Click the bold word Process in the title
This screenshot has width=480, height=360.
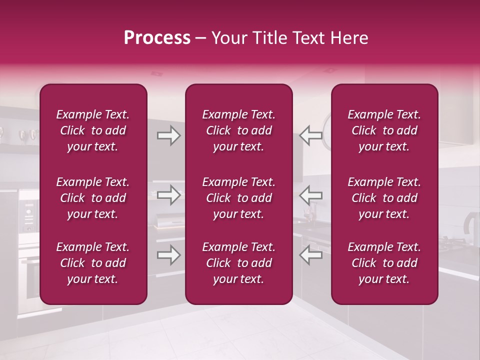[157, 38]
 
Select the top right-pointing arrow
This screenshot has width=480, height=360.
[168, 136]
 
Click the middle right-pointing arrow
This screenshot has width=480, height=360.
[168, 195]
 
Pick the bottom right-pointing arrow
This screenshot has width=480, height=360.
[168, 255]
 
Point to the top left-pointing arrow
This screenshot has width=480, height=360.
[311, 136]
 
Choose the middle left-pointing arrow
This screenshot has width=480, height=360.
[311, 195]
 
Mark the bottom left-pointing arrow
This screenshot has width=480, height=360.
[311, 255]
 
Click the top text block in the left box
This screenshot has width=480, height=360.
[93, 130]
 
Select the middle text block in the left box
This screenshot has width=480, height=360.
[93, 198]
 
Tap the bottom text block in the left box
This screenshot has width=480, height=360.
[93, 263]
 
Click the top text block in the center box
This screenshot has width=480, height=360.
[238, 130]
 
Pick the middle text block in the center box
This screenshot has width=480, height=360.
[238, 198]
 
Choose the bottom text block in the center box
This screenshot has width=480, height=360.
[238, 263]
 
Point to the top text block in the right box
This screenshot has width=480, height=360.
[384, 130]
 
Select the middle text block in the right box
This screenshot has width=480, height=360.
[384, 198]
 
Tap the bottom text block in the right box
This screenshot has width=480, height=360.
[384, 263]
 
